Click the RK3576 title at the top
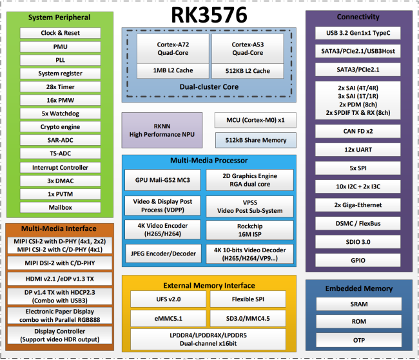[x=209, y=15]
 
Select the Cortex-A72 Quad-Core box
[x=173, y=48]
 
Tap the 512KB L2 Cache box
[x=248, y=71]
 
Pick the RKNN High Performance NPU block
[x=162, y=130]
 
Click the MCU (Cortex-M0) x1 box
[x=255, y=120]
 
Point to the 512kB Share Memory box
[x=256, y=140]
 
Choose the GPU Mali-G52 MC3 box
[x=162, y=180]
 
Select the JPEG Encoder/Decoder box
[x=163, y=254]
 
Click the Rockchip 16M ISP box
[x=250, y=230]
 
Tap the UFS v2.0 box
[x=168, y=299]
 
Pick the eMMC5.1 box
[x=168, y=318]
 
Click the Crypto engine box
[x=61, y=127]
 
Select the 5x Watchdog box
[x=61, y=114]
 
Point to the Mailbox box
[x=61, y=208]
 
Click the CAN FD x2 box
[x=358, y=132]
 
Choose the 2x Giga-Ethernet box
[x=358, y=205]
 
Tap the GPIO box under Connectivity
[x=358, y=260]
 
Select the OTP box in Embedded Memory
[x=359, y=340]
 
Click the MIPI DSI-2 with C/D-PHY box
[x=60, y=263]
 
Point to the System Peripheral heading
[x=59, y=17]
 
